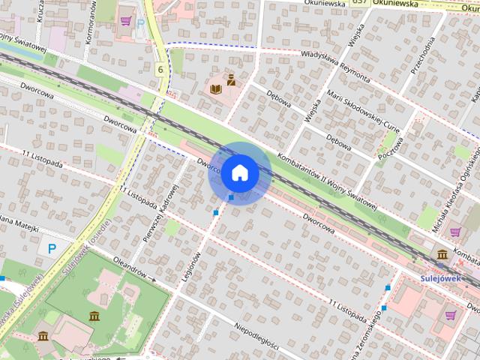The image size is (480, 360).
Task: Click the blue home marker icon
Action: [x=239, y=172]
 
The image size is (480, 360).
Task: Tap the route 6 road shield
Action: [x=160, y=69]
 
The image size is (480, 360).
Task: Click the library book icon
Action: [x=216, y=89]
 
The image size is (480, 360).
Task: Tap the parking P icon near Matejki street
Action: [x=52, y=248]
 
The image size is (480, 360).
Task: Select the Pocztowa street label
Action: [x=390, y=142]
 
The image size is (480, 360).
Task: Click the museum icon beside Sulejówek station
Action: [x=442, y=255]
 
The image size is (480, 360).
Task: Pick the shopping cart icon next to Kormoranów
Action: [x=126, y=20]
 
